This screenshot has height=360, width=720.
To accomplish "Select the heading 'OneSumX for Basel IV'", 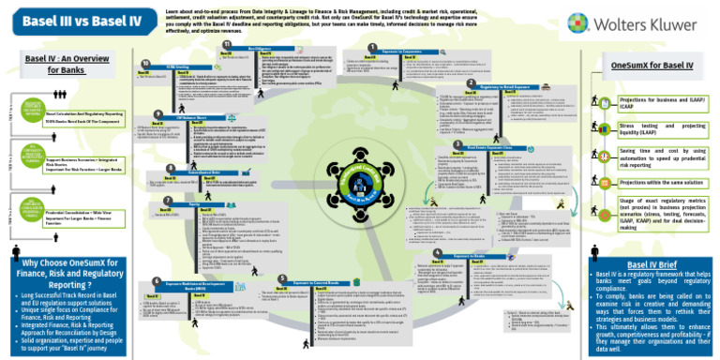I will [652, 66].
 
